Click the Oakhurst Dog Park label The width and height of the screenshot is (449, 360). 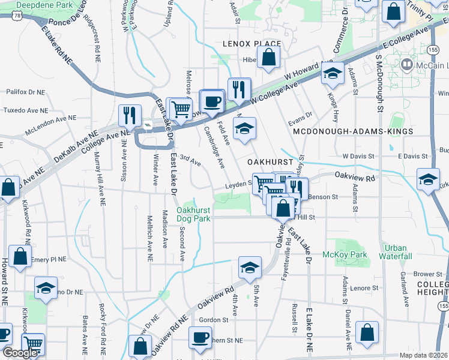pyautogui.click(x=193, y=214)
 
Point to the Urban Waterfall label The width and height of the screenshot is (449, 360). pyautogui.click(x=396, y=252)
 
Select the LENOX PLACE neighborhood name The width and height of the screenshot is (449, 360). pyautogui.click(x=252, y=44)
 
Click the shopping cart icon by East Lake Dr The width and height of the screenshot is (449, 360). pyautogui.click(x=180, y=109)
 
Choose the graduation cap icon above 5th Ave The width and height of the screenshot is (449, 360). pyautogui.click(x=249, y=267)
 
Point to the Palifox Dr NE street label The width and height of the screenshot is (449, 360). pyautogui.click(x=25, y=92)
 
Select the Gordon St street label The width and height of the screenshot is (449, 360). pyautogui.click(x=210, y=320)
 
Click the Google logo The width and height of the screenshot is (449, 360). pyautogui.click(x=20, y=353)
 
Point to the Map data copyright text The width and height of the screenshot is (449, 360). pyautogui.click(x=424, y=355)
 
